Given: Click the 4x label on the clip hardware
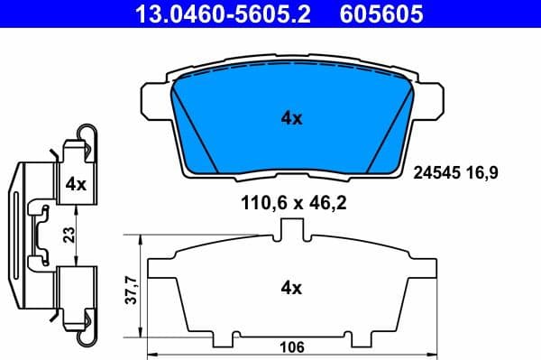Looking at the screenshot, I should [75, 184].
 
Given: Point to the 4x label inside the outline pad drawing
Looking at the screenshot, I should [290, 289].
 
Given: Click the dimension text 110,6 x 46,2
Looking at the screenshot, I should [290, 204].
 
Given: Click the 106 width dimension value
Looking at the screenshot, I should [290, 346].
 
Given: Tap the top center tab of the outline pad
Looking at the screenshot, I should [290, 230].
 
